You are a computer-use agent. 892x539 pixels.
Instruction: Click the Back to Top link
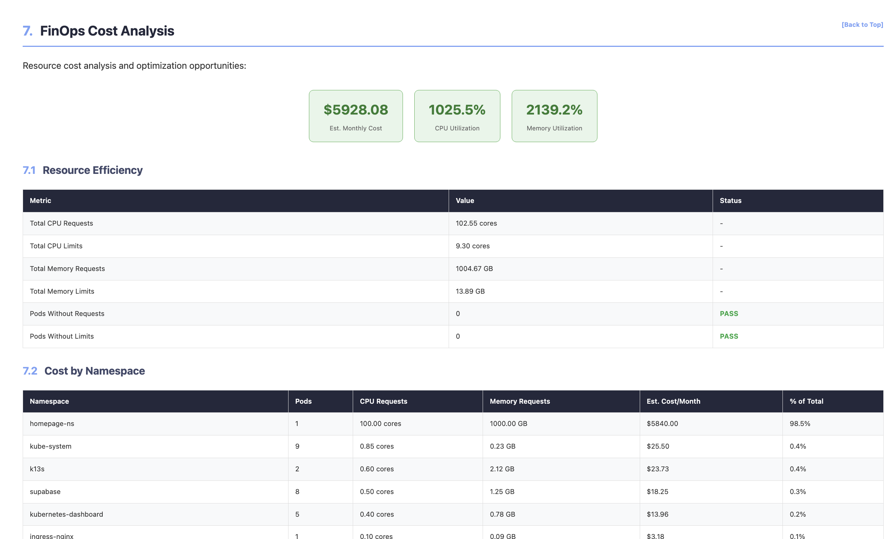(862, 25)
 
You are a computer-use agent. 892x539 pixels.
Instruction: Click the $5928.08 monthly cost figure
(356, 110)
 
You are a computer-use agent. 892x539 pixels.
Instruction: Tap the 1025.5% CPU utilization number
(457, 110)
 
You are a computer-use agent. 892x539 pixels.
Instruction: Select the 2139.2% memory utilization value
(554, 110)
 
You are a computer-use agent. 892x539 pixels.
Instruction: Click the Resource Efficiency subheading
(92, 170)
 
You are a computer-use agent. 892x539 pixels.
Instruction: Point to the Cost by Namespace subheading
(94, 371)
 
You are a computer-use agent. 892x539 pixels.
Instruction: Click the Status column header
(730, 201)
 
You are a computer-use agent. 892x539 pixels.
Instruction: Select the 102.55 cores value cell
(476, 223)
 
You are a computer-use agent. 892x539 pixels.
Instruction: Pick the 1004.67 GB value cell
(474, 269)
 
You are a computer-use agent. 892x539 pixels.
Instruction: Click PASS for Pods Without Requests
(729, 314)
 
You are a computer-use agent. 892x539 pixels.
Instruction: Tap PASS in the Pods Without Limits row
(729, 336)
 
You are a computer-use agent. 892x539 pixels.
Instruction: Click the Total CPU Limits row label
(56, 246)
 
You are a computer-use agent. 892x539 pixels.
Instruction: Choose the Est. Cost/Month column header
(673, 401)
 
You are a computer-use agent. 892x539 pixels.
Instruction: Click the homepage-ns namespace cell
(52, 424)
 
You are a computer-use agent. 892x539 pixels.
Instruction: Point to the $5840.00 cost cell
(662, 424)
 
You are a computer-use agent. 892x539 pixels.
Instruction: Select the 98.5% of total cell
(800, 424)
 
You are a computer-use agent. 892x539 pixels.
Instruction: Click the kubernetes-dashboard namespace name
(66, 514)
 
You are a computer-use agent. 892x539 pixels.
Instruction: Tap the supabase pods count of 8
(297, 492)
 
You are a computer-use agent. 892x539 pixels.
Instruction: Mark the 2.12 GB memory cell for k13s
(502, 469)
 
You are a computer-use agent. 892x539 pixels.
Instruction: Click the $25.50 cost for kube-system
(658, 446)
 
